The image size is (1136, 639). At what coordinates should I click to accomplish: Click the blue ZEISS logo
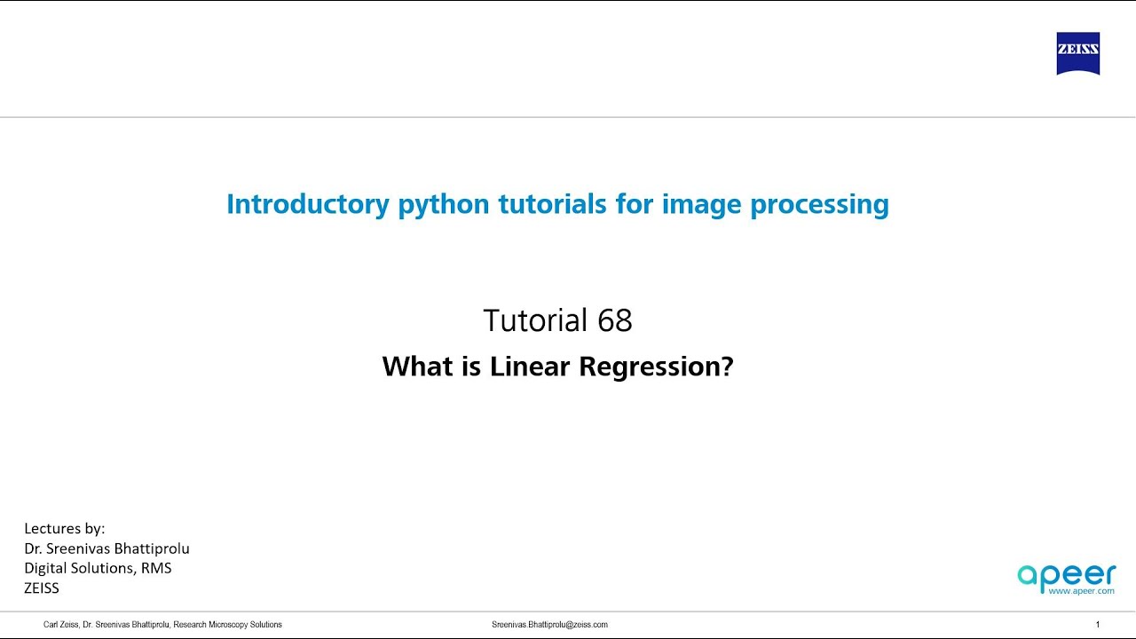[x=1077, y=54]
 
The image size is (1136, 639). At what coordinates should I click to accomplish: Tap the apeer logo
[x=1066, y=575]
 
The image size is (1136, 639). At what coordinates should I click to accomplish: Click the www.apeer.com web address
[x=1080, y=591]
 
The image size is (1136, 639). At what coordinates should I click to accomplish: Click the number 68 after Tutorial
[x=614, y=320]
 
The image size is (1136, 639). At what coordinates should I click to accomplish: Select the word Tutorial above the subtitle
[x=535, y=320]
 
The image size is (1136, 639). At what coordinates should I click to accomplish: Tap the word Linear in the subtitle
[x=529, y=366]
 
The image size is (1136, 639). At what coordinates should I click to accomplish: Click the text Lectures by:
[x=65, y=529]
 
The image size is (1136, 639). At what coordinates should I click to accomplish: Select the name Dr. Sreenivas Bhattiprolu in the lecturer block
[x=106, y=548]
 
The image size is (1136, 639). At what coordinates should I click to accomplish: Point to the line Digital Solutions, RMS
[x=98, y=568]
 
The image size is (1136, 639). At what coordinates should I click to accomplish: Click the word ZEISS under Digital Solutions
[x=42, y=588]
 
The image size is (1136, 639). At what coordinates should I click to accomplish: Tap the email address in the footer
[x=549, y=625]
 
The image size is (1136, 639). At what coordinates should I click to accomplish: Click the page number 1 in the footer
[x=1098, y=625]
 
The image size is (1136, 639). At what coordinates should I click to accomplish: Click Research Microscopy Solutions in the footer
[x=227, y=625]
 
